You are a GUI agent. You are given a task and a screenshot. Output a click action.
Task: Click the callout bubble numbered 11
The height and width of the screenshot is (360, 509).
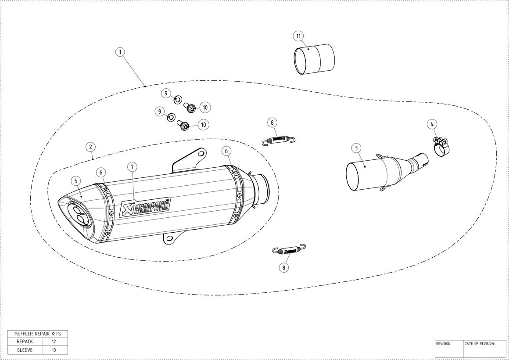[299, 36]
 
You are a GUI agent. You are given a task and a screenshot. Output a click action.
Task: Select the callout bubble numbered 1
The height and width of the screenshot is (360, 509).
[120, 52]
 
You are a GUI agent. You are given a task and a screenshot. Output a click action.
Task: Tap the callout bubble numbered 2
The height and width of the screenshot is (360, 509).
[91, 147]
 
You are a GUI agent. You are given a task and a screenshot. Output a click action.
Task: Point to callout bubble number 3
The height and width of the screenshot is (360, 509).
[356, 148]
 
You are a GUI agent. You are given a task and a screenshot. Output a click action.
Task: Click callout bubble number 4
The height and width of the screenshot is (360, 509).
[432, 124]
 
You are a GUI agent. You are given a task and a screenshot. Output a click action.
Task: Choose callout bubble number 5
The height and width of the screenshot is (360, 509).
[75, 181]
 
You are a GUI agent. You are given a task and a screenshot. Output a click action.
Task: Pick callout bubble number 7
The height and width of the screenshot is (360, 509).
[132, 167]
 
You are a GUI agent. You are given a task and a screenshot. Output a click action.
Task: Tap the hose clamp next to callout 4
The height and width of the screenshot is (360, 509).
[441, 147]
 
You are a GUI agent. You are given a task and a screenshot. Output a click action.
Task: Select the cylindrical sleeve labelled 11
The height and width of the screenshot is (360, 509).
[314, 59]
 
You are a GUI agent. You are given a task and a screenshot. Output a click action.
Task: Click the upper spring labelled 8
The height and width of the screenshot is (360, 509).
[279, 140]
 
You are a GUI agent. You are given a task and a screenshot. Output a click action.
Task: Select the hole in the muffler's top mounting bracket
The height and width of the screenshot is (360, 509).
[201, 153]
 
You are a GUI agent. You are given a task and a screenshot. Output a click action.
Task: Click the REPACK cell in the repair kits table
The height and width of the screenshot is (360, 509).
[25, 342]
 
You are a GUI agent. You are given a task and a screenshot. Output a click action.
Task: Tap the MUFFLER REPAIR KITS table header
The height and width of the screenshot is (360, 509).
[38, 334]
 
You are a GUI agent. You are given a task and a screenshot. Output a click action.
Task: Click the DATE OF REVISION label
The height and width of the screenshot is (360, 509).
[480, 343]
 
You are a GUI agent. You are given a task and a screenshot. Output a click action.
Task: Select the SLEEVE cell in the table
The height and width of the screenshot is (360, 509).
[25, 350]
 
